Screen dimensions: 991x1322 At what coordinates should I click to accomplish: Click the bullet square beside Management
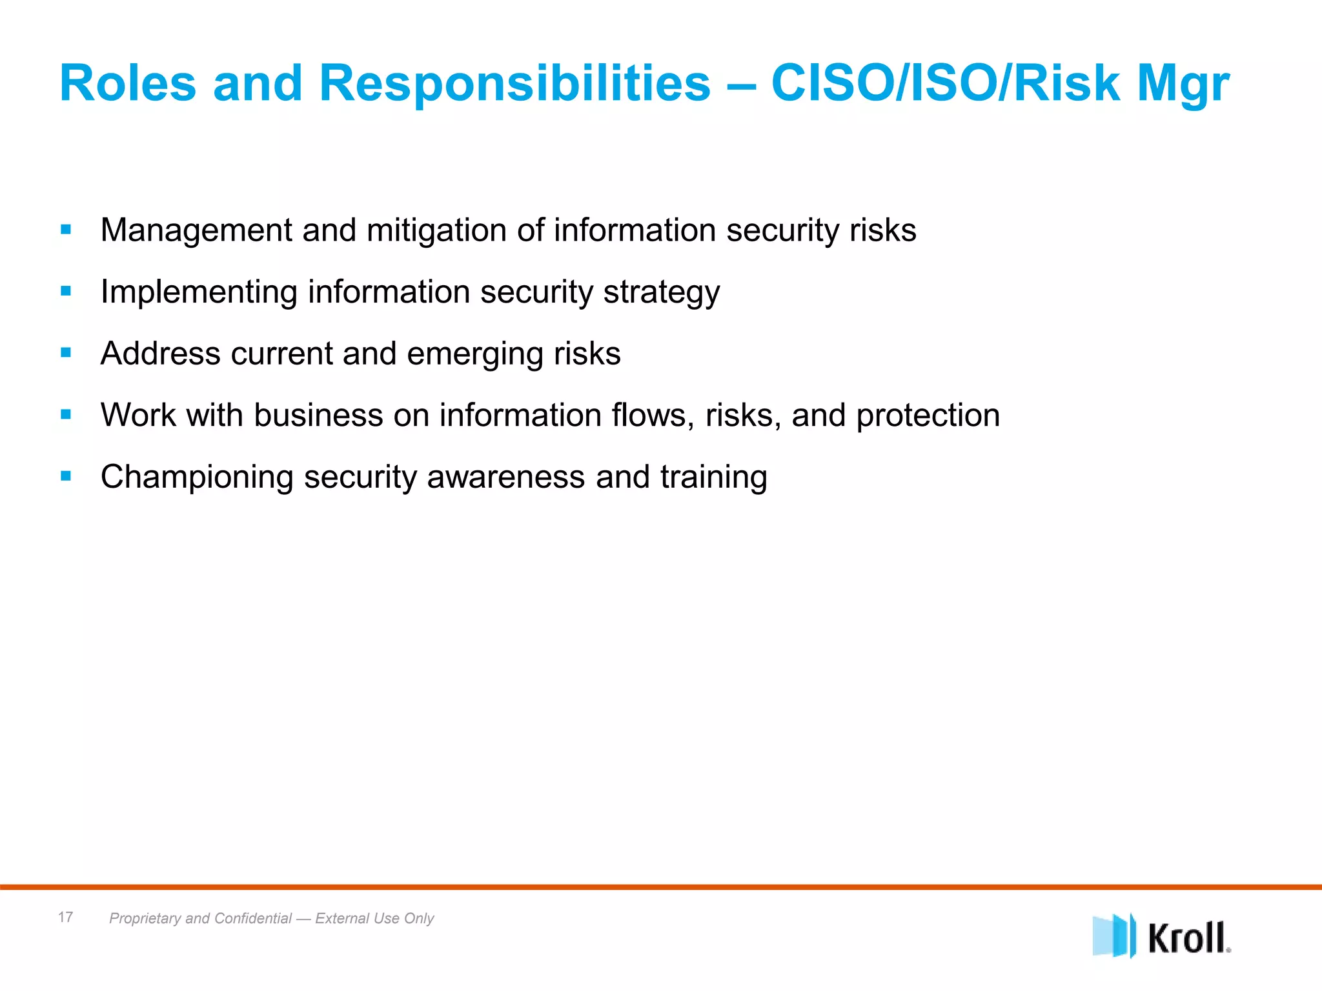(66, 229)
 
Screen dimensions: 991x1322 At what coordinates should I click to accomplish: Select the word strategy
(661, 293)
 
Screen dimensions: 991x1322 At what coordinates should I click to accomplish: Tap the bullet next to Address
(66, 352)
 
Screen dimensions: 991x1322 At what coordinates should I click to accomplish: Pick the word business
(318, 415)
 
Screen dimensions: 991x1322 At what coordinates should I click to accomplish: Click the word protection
(928, 416)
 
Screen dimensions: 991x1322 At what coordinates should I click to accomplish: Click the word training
(713, 478)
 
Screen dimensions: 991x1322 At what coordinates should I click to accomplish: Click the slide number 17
(65, 917)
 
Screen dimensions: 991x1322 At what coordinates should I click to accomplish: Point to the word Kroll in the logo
(1188, 938)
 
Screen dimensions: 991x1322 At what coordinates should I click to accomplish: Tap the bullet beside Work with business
(66, 414)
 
